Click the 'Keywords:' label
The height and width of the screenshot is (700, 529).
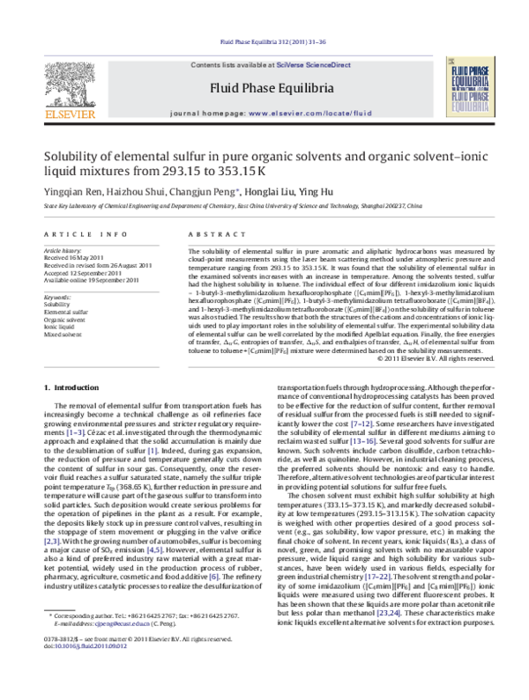click(58, 298)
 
